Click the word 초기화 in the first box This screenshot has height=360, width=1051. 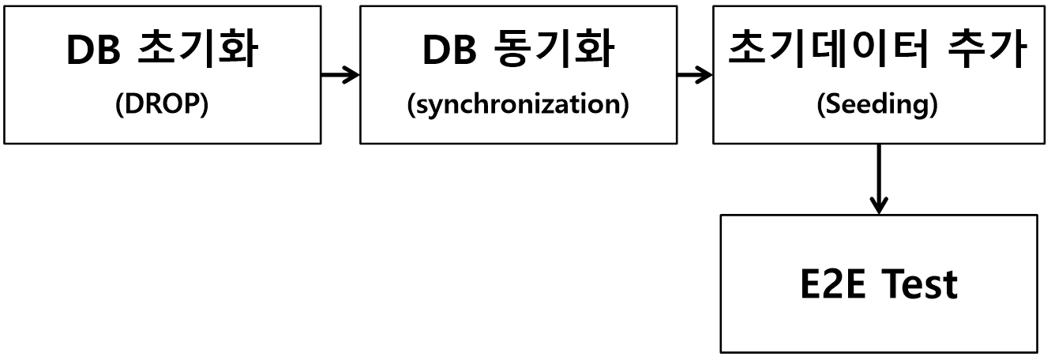[197, 51]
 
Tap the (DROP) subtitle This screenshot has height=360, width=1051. [162, 107]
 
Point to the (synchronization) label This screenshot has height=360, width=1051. [518, 107]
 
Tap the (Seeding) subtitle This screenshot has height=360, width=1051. [877, 107]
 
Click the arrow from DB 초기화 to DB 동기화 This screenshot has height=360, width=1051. [340, 76]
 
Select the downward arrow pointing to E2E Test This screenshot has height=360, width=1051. [877, 178]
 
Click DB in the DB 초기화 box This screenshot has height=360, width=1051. [93, 51]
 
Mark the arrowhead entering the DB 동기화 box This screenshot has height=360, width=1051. [352, 76]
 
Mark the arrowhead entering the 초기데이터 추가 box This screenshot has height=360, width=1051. [706, 76]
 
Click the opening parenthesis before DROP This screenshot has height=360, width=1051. [119, 107]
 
